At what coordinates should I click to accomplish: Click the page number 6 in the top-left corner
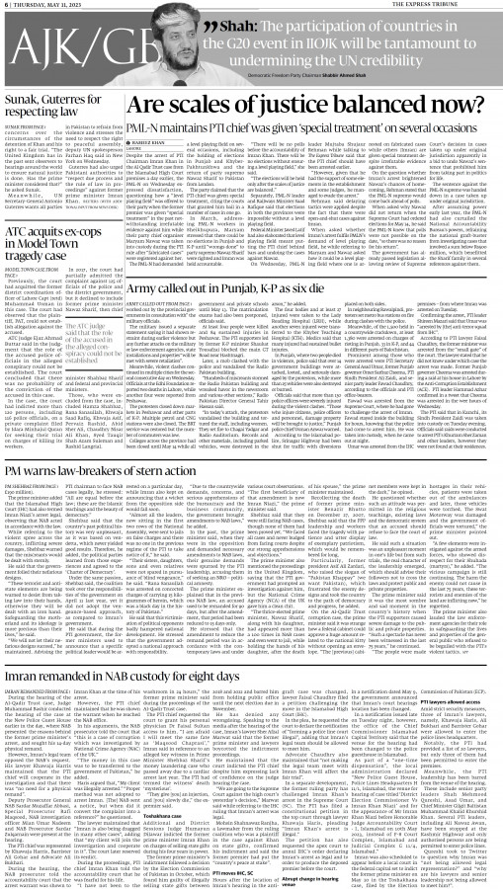6,5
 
